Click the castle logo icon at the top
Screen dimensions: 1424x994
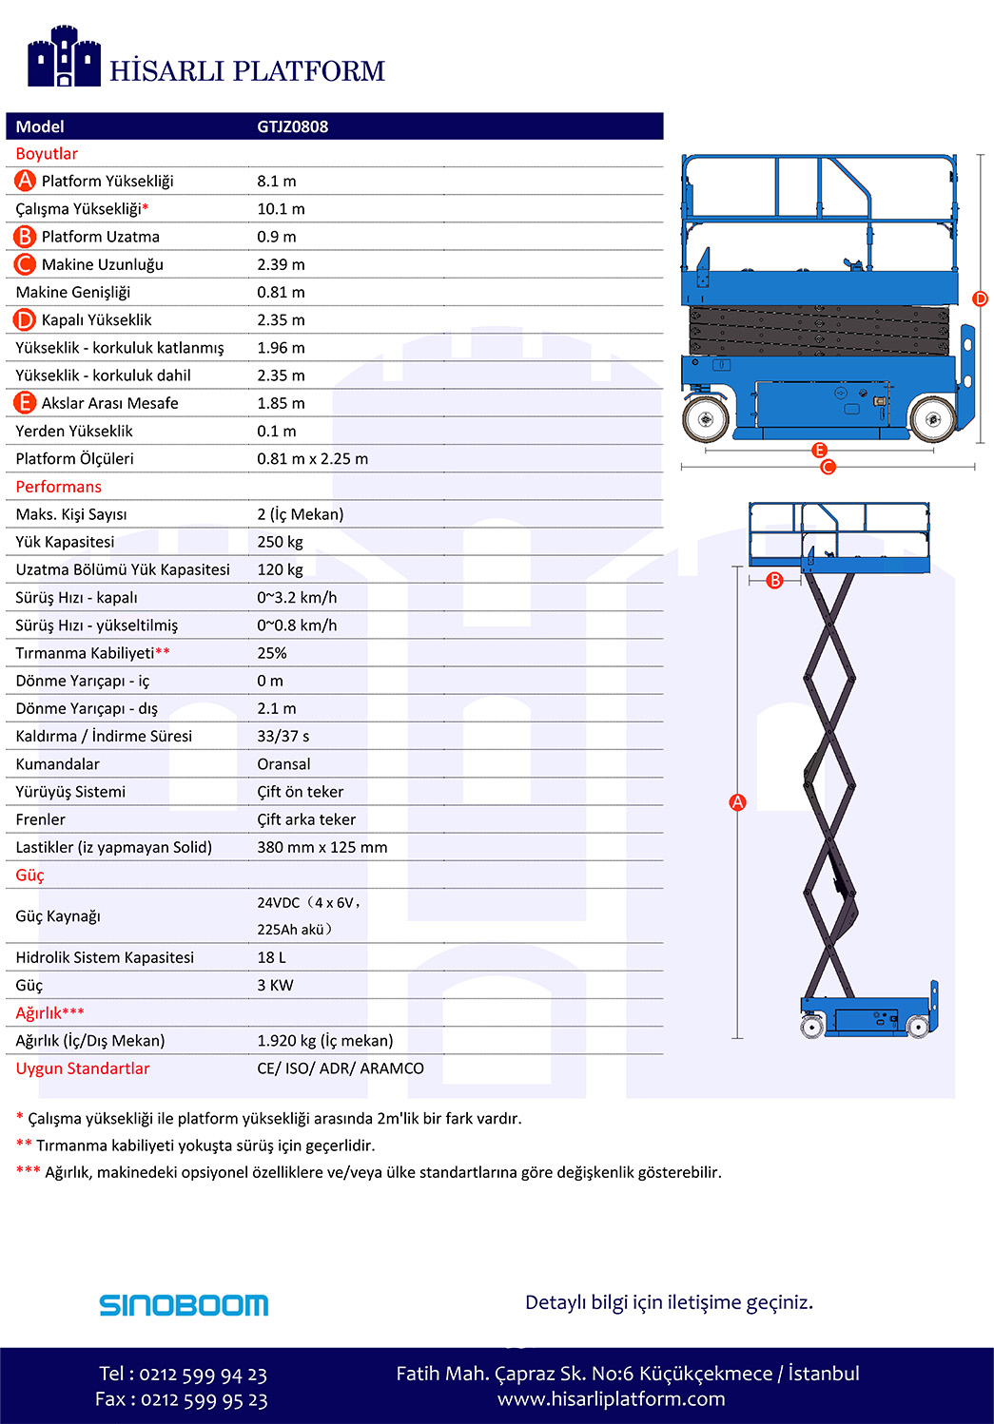[x=64, y=57]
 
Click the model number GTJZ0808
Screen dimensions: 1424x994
[x=292, y=126]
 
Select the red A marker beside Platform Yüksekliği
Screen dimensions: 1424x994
[x=25, y=181]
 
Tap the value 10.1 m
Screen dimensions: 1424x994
[x=281, y=209]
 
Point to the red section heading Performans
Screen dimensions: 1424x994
[x=58, y=487]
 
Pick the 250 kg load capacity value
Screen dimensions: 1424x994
[x=280, y=542]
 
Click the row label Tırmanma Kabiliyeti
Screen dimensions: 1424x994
[x=85, y=653]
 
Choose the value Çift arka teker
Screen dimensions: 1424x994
[x=306, y=819]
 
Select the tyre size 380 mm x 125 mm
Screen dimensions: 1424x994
[x=322, y=847]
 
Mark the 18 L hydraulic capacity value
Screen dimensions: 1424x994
[x=271, y=957]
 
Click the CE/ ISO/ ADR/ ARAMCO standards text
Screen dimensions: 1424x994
[x=341, y=1068]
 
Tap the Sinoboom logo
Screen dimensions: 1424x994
[x=184, y=1304]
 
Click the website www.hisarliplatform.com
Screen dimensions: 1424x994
[x=611, y=1399]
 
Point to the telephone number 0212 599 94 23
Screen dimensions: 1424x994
[x=203, y=1375]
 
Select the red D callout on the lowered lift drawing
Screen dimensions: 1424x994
[x=981, y=298]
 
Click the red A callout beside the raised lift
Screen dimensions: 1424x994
[x=737, y=802]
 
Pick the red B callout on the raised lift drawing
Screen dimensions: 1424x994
[x=775, y=580]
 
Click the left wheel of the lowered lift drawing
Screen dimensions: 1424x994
[x=706, y=417]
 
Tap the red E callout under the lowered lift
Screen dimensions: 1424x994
[x=819, y=450]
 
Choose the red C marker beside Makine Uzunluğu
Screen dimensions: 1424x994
[x=25, y=264]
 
